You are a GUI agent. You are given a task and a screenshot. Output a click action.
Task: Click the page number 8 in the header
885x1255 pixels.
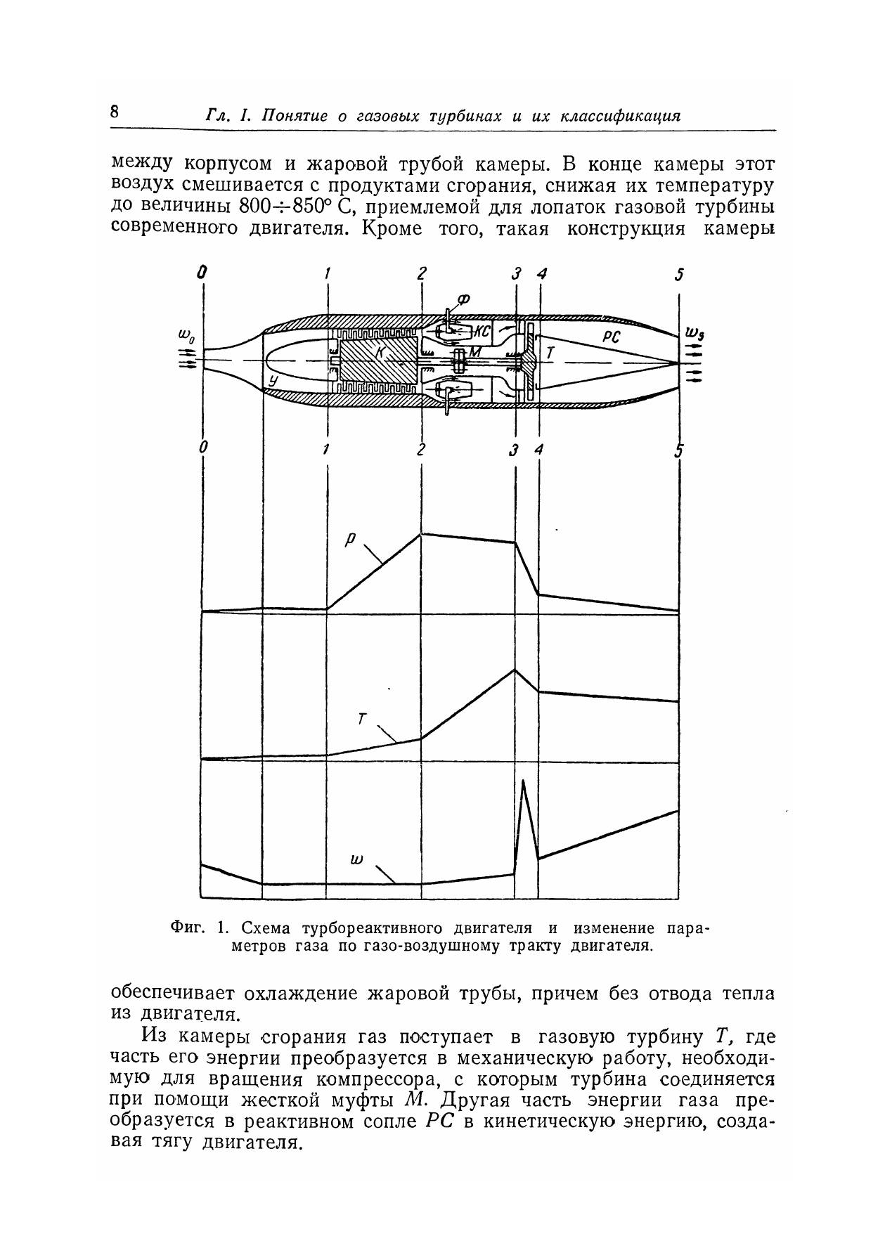115,112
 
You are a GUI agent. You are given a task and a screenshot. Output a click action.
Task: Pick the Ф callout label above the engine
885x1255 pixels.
463,300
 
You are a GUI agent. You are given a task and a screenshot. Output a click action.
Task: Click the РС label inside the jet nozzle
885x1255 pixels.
611,337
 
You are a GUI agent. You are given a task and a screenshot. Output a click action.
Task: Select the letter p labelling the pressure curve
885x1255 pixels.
351,540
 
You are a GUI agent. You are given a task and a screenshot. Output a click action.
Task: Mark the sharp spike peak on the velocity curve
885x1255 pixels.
522,780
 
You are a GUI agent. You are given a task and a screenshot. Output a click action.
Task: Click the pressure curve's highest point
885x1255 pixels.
421,534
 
